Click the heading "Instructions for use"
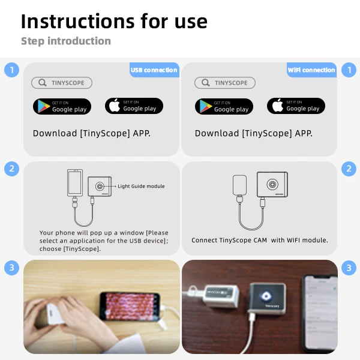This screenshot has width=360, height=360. [x=114, y=21]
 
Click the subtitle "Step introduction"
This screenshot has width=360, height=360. [x=66, y=41]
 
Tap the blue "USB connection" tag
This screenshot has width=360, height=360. [x=154, y=70]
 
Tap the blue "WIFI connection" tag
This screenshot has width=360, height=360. [x=311, y=70]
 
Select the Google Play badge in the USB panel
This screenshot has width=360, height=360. [x=62, y=107]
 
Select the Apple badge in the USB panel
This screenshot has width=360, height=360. [x=133, y=106]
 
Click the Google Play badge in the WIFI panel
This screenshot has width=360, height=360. [x=224, y=107]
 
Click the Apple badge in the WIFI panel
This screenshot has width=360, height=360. [x=296, y=106]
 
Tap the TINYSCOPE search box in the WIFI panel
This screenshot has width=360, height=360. [x=225, y=83]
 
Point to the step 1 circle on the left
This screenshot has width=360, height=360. [x=11, y=70]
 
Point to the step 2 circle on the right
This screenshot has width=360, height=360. [x=349, y=169]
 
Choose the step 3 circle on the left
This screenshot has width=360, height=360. [x=11, y=268]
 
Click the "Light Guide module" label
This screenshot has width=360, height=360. [x=141, y=187]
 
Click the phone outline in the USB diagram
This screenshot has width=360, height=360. [x=75, y=182]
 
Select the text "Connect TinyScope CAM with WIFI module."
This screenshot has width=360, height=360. [x=260, y=240]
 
